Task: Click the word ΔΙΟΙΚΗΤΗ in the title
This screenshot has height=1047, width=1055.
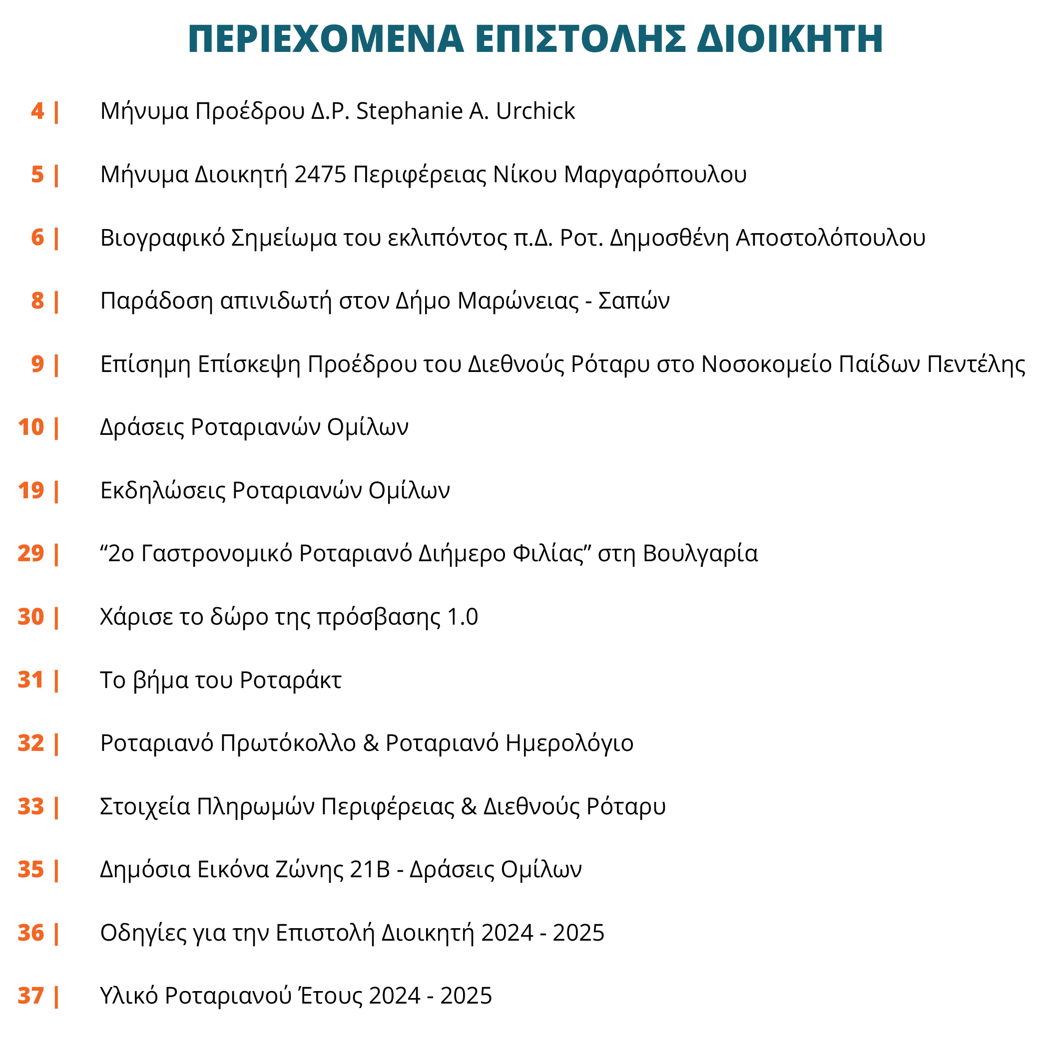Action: coord(790,39)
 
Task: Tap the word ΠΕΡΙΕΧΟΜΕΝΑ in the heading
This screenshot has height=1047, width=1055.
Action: coord(326,39)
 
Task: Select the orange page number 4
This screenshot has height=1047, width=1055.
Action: coord(37,111)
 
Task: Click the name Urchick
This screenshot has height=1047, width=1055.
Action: coord(535,111)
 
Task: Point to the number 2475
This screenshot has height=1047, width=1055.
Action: coord(320,175)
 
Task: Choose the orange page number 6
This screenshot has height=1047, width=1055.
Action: coord(37,238)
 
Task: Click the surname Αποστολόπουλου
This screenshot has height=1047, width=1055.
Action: coord(830,238)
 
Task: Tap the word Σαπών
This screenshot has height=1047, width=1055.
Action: coord(633,301)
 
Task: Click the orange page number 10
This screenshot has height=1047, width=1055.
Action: coord(30,427)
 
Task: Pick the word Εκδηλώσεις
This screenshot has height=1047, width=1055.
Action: coord(163,490)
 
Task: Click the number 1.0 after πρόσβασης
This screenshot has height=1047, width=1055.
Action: coord(463,617)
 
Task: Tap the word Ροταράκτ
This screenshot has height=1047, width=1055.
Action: coord(291,680)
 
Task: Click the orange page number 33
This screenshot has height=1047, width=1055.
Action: coord(30,806)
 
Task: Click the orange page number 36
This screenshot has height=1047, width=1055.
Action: coord(30,933)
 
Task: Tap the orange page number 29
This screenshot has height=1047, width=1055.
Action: coord(30,554)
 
